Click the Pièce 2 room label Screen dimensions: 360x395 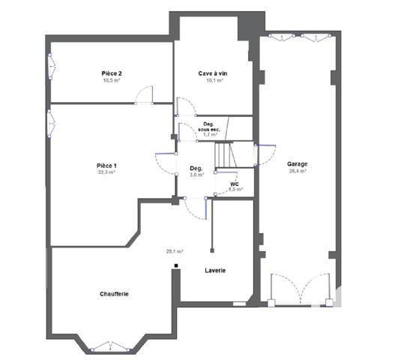tap(112, 73)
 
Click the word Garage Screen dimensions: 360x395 tap(297, 163)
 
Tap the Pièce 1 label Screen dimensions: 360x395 tap(106, 165)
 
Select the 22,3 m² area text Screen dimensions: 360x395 tap(106, 172)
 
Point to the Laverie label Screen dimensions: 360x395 tap(216, 270)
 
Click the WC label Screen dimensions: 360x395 tap(234, 184)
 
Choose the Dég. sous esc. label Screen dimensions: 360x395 tap(209, 127)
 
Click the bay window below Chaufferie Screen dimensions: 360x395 tap(110, 346)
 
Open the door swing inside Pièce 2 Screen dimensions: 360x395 tap(145, 94)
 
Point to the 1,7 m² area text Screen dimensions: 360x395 tap(211, 135)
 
